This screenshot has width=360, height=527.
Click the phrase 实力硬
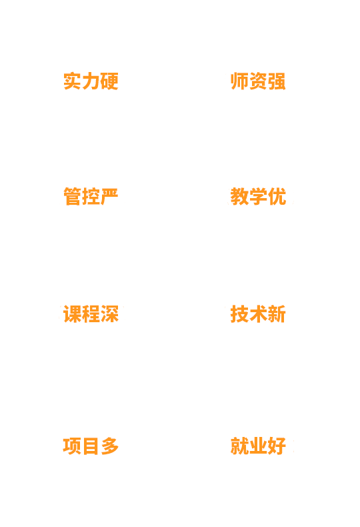[x=91, y=81]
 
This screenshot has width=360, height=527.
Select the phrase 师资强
[x=258, y=81]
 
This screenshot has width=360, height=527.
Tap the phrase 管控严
[x=91, y=196]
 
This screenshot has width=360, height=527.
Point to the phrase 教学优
[x=258, y=196]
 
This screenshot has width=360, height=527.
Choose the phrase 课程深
[x=91, y=314]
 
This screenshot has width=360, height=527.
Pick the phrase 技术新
[x=258, y=314]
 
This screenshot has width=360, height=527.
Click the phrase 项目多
[x=91, y=446]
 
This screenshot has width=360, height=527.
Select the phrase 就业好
[x=258, y=446]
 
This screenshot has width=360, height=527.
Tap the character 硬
[x=110, y=81]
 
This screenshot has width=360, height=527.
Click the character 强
[x=277, y=81]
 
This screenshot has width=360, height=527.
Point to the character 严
[x=110, y=196]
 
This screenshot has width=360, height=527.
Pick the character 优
[x=277, y=196]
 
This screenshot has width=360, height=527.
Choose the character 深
[x=110, y=314]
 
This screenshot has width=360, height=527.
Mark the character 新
[x=277, y=314]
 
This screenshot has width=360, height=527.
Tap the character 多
[x=110, y=446]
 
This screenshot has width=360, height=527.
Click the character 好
[x=277, y=446]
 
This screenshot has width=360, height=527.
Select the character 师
[x=239, y=81]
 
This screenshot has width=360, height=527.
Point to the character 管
[x=72, y=196]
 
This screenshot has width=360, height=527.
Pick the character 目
[x=91, y=446]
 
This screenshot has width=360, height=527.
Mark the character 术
[x=258, y=314]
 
